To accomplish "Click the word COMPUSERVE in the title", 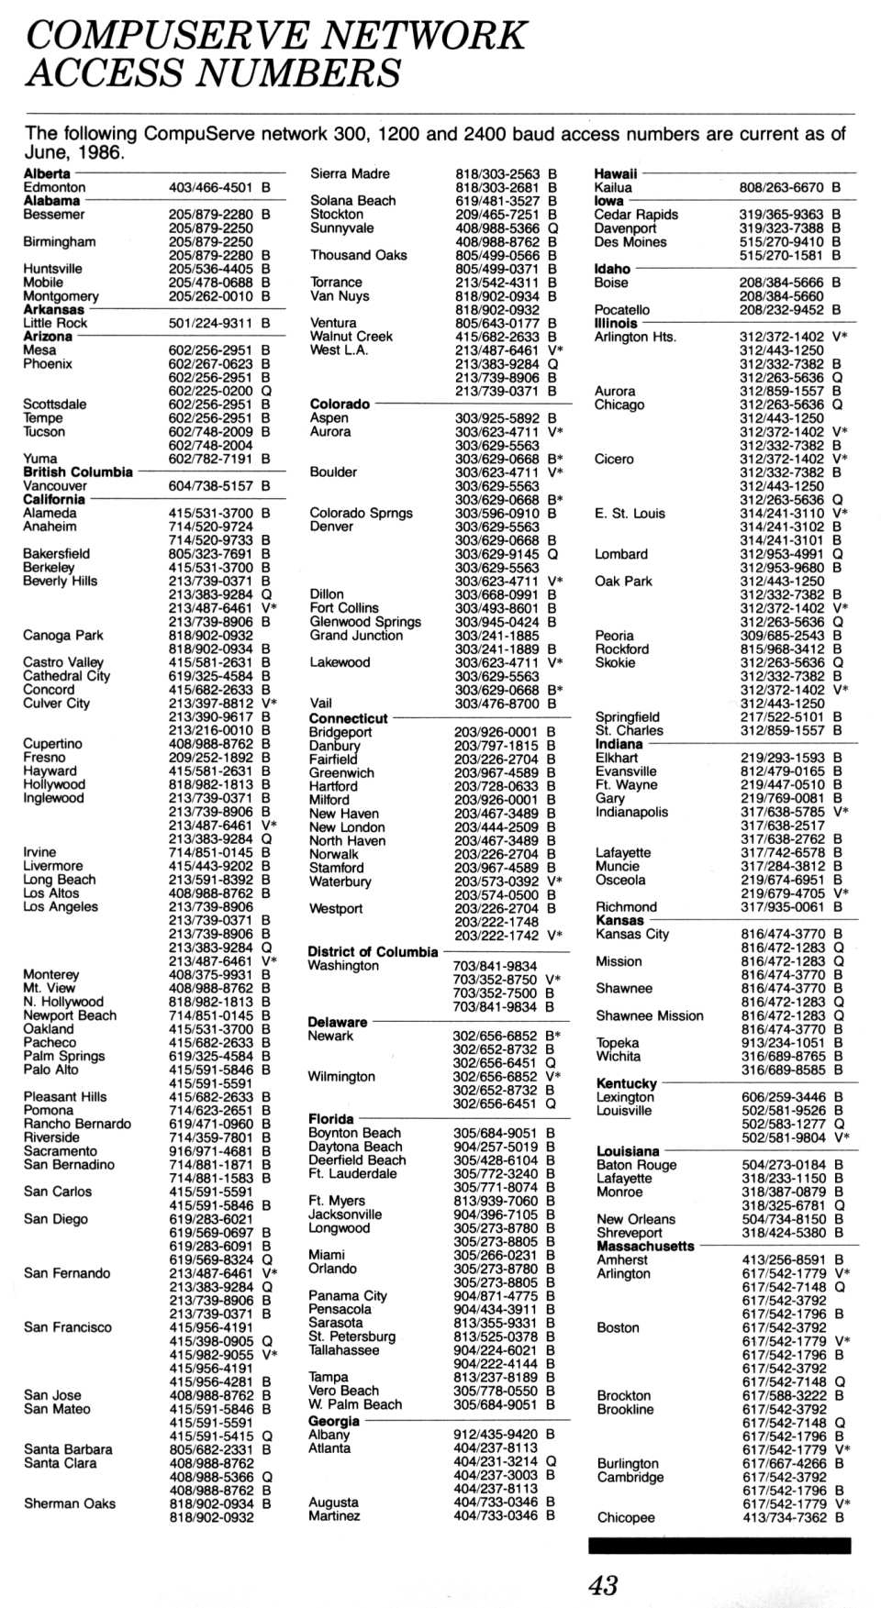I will click(166, 35).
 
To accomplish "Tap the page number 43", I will click(603, 1584).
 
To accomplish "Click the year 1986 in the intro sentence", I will click(101, 153).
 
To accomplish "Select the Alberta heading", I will click(47, 173).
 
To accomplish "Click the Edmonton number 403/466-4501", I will click(210, 187).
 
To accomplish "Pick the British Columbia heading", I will click(78, 471).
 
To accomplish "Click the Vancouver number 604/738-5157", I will click(210, 485).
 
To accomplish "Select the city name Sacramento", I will click(61, 1150).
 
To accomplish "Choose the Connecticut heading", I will click(348, 718).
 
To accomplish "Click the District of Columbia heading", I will click(373, 951).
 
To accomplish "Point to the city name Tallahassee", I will click(343, 1349).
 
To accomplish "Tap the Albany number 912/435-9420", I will click(495, 1434).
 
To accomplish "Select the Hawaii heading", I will click(616, 173).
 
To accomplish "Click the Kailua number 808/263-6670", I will click(781, 187).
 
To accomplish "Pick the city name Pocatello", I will click(622, 310).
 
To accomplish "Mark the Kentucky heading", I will click(627, 1083).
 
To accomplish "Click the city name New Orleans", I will click(636, 1219).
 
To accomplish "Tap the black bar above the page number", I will click(719, 1546).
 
